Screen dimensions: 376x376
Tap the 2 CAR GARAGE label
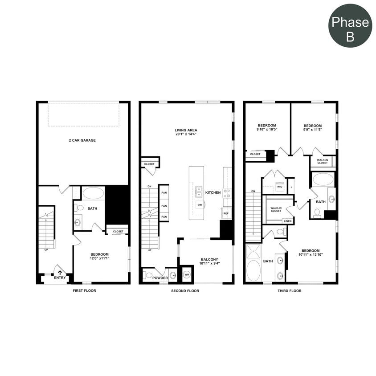[x=82, y=140]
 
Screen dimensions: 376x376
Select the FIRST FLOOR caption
[x=84, y=291]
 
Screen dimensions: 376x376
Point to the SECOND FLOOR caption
[x=185, y=291]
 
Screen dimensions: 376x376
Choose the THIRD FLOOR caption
[x=290, y=291]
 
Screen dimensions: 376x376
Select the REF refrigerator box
[x=226, y=214]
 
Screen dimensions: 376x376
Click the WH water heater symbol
[x=187, y=274]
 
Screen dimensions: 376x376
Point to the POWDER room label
[x=160, y=278]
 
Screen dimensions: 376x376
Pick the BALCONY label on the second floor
[x=209, y=259]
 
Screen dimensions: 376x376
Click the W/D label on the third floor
[x=280, y=187]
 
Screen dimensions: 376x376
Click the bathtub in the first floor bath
[x=93, y=193]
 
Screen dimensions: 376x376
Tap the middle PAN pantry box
[x=164, y=206]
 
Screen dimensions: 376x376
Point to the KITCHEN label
[x=213, y=192]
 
